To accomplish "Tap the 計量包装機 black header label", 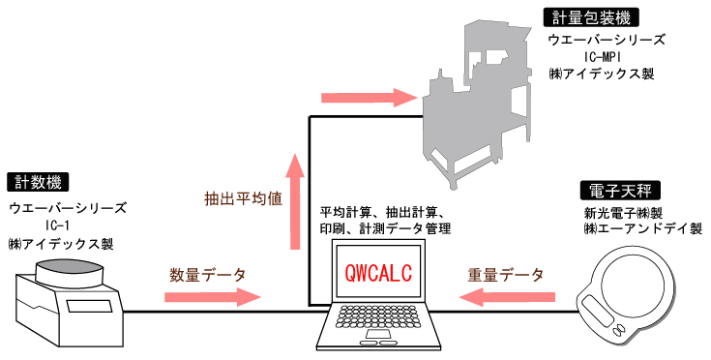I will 578,15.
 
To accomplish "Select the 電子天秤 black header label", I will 612,189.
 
